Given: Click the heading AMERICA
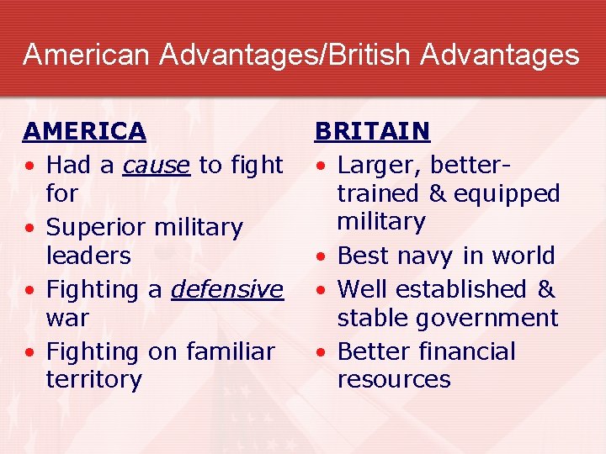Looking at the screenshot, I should click(x=84, y=132).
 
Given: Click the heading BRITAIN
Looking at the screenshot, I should click(x=372, y=132).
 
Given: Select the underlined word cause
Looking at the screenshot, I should click(x=156, y=166).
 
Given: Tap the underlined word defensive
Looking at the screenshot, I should click(x=227, y=289).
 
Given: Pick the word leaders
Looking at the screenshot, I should click(x=88, y=256).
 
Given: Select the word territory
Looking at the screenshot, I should click(x=94, y=379).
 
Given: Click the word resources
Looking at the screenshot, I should click(x=394, y=379).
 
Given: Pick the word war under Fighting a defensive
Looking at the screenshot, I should click(x=67, y=318).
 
